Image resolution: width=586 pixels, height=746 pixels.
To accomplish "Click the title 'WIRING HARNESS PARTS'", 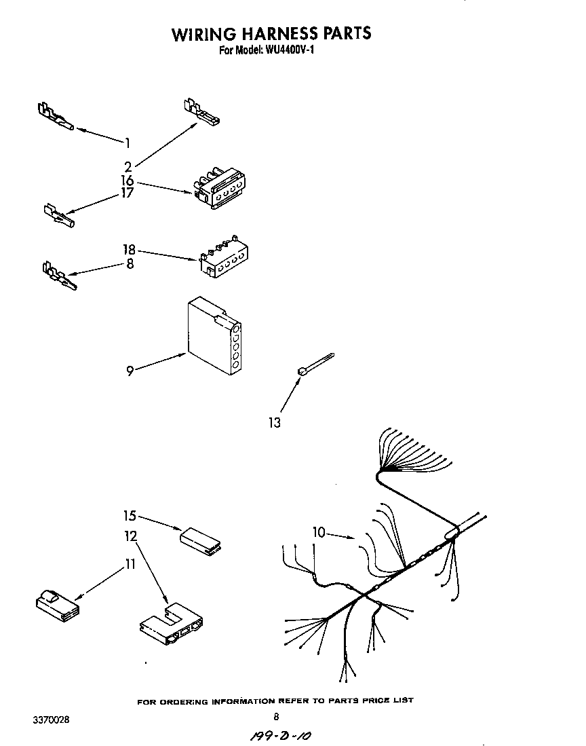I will point(271,33).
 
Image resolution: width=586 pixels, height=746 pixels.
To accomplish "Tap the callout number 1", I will point(127,142).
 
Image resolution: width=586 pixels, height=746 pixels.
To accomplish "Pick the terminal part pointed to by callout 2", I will point(200,113).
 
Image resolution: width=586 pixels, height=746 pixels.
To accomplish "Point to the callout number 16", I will point(128,181).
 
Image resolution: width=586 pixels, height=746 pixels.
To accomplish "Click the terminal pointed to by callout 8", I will point(58,276).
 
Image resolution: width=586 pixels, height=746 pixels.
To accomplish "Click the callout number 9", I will point(129,371).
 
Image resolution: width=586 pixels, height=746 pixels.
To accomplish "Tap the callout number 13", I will point(274,423).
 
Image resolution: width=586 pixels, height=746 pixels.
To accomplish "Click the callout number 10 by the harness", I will point(319,532).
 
